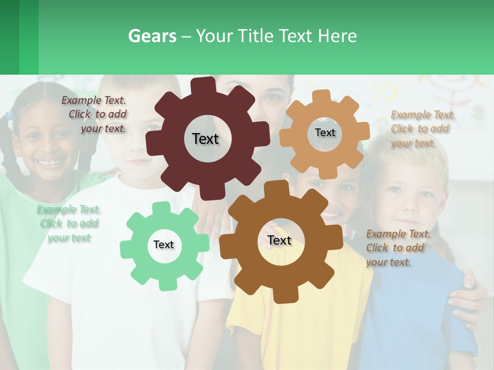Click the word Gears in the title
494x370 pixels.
(x=152, y=36)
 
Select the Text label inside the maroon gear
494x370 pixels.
(x=205, y=139)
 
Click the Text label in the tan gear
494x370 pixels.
(x=325, y=133)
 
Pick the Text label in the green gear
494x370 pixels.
(x=164, y=245)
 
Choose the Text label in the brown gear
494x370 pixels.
(x=279, y=240)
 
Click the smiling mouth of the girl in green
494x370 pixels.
(x=50, y=163)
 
